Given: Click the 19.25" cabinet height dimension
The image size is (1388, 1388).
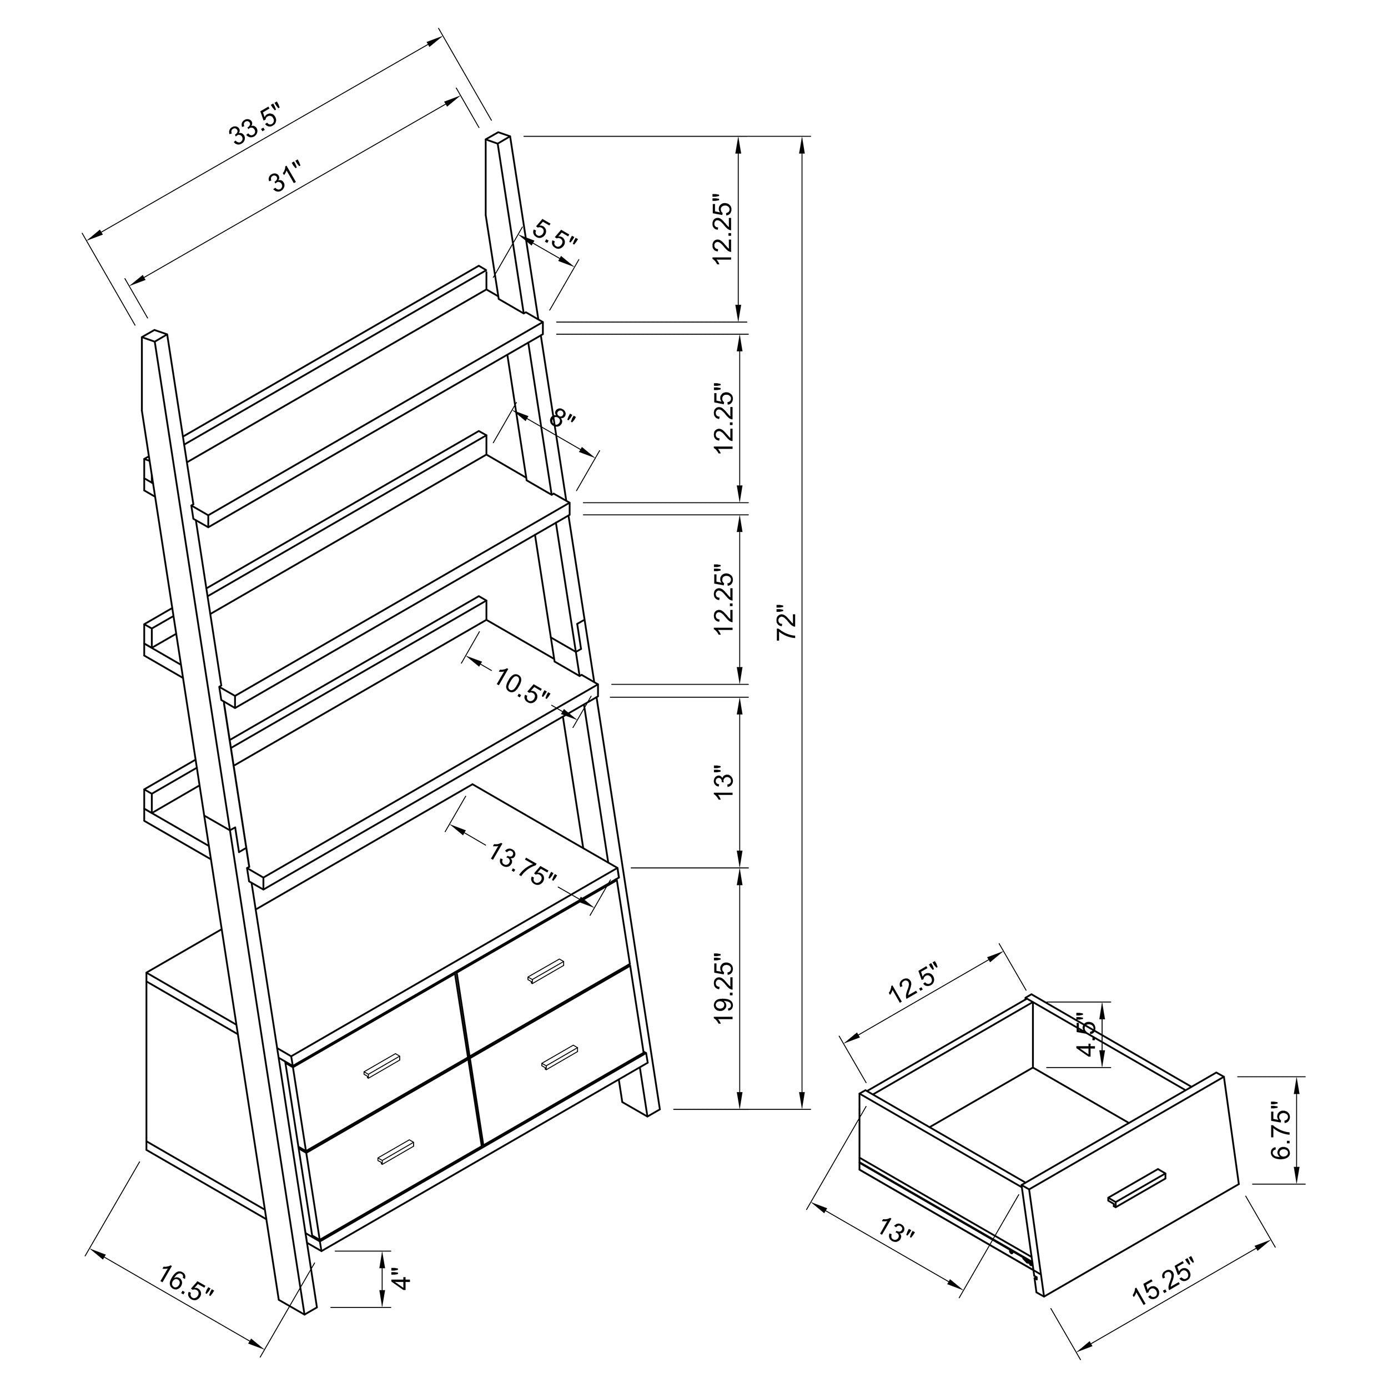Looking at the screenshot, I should (x=723, y=989).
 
